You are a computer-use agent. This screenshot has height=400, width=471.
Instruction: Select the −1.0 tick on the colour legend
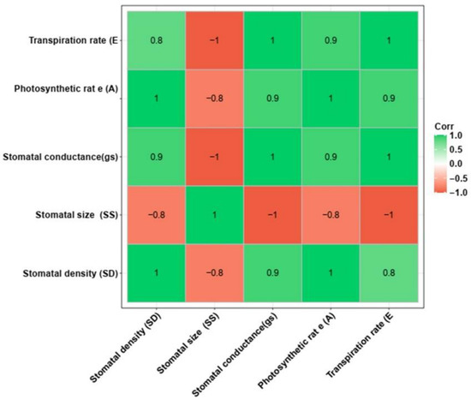click(457, 193)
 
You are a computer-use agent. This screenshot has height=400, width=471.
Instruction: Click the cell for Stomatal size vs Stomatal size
click(214, 215)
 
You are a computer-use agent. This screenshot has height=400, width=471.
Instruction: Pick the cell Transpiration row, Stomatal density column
click(156, 40)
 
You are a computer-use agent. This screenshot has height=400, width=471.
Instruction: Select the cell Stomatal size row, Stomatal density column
click(156, 215)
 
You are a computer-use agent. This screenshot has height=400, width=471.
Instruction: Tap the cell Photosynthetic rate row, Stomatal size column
click(214, 99)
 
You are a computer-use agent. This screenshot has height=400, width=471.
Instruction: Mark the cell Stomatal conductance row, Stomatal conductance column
click(272, 157)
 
